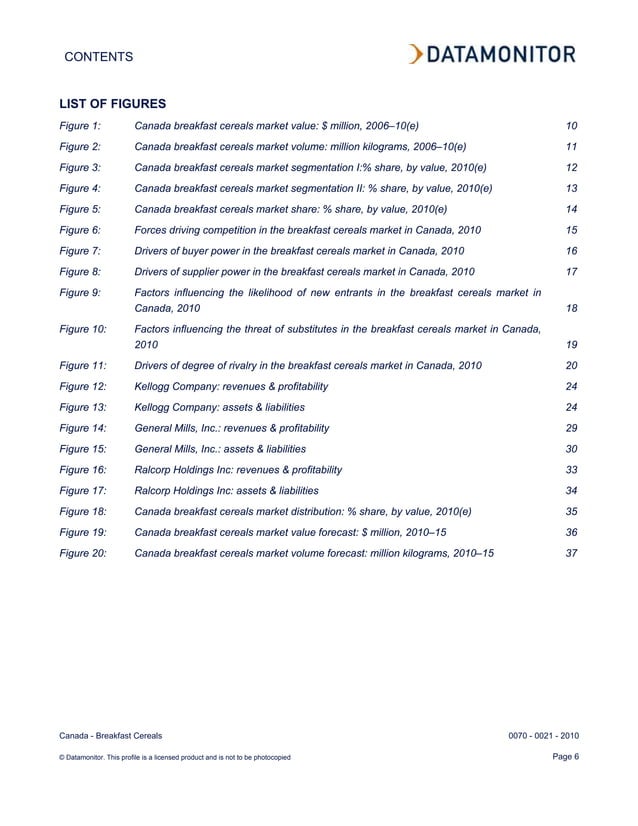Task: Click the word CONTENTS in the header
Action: tap(98, 58)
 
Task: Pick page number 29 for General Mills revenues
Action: tap(571, 428)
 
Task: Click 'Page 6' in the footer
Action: tap(565, 755)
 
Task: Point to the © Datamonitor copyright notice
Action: tap(175, 757)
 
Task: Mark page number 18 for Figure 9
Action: tap(571, 309)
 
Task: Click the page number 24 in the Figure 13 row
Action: tap(571, 407)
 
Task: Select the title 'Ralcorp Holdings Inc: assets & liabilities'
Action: tap(226, 490)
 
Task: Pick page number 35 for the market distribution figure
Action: tap(571, 511)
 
